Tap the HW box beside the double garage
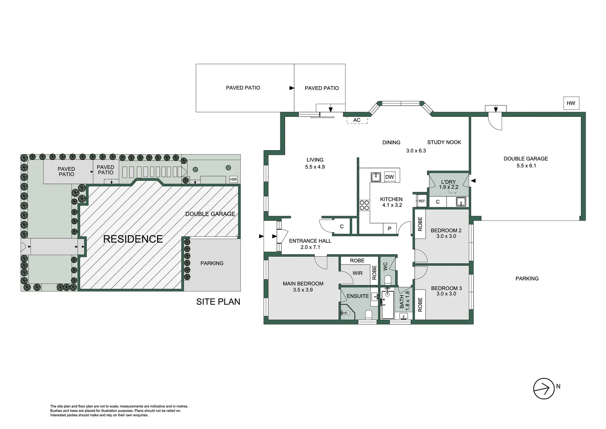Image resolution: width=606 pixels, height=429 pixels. coord(571,103)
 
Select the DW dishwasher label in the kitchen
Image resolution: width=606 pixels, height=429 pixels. coord(389,177)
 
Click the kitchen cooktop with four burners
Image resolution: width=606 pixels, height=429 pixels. coord(364,205)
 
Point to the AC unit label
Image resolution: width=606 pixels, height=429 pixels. coord(357,120)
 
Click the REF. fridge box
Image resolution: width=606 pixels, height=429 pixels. coord(422,201)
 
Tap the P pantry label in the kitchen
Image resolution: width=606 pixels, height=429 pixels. coord(389,228)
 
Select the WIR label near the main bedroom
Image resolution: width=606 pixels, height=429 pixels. coord(357,273)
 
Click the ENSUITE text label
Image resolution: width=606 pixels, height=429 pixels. coord(358,296)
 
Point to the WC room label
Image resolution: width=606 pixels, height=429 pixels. coord(385,267)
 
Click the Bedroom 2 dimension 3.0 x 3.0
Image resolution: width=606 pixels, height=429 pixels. coord(446,236)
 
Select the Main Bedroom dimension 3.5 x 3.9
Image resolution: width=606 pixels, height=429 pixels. coord(303,290)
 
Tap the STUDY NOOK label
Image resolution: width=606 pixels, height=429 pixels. coord(444,142)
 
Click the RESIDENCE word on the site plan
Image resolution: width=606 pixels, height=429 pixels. coord(133,239)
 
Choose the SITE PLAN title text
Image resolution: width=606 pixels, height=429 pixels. coord(218,302)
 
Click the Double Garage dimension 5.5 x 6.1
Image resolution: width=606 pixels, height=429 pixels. coord(526,166)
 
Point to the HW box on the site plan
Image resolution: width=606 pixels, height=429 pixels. coord(233,180)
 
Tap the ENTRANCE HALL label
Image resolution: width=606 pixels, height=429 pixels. coord(310,241)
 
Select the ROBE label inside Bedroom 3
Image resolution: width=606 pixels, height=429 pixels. coord(420,305)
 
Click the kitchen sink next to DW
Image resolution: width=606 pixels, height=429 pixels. coord(376,177)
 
